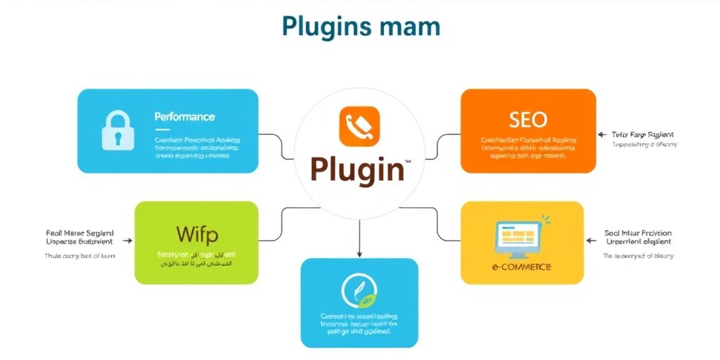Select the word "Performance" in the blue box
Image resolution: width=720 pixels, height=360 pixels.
184,117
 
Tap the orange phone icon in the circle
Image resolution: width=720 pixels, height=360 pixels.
359,127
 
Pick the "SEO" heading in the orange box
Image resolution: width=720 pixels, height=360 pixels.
527,120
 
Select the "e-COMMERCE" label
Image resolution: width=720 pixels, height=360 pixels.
521,267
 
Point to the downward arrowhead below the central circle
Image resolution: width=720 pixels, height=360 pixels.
359,252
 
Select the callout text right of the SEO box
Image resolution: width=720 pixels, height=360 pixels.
643,139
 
